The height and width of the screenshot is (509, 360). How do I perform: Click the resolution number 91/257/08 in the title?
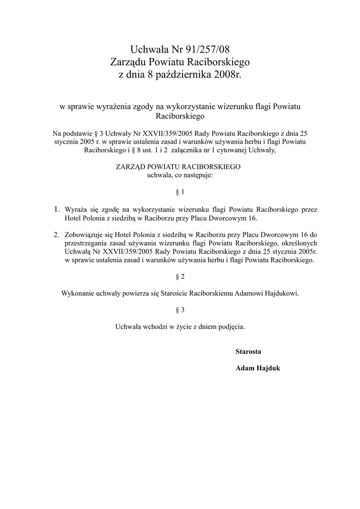coord(208,50)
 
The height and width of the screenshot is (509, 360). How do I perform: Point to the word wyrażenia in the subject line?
coord(108,106)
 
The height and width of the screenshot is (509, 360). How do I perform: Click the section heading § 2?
coord(180,276)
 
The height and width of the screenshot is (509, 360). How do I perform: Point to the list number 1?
coord(57,209)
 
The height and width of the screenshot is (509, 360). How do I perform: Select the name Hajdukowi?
coord(282,293)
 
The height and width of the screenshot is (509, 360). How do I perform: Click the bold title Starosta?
coord(248,351)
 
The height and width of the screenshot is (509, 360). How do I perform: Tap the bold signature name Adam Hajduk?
coord(258,368)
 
